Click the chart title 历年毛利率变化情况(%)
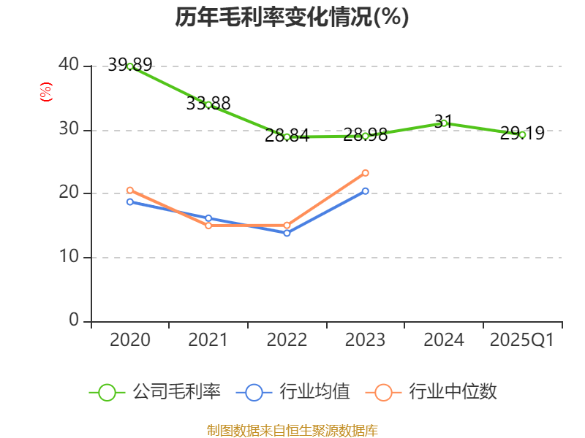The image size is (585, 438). tap(292, 18)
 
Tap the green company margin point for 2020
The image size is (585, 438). tap(130, 66)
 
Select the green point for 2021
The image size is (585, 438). tap(208, 105)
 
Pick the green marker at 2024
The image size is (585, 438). tap(444, 123)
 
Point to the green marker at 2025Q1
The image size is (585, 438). tap(522, 134)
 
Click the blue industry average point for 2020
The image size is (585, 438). tap(130, 201)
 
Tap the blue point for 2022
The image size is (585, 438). tap(287, 233)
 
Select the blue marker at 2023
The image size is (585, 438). tap(366, 191)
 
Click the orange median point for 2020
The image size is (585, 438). tap(130, 191)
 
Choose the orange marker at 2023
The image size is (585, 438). tap(366, 173)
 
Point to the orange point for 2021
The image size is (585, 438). tap(208, 226)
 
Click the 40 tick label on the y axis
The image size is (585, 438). tap(69, 65)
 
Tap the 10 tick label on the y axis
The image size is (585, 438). tap(69, 257)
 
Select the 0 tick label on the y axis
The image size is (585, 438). tap(75, 320)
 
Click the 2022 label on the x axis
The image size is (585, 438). tap(287, 340)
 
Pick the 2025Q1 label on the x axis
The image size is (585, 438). tap(522, 340)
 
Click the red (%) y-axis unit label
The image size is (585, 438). tap(45, 93)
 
